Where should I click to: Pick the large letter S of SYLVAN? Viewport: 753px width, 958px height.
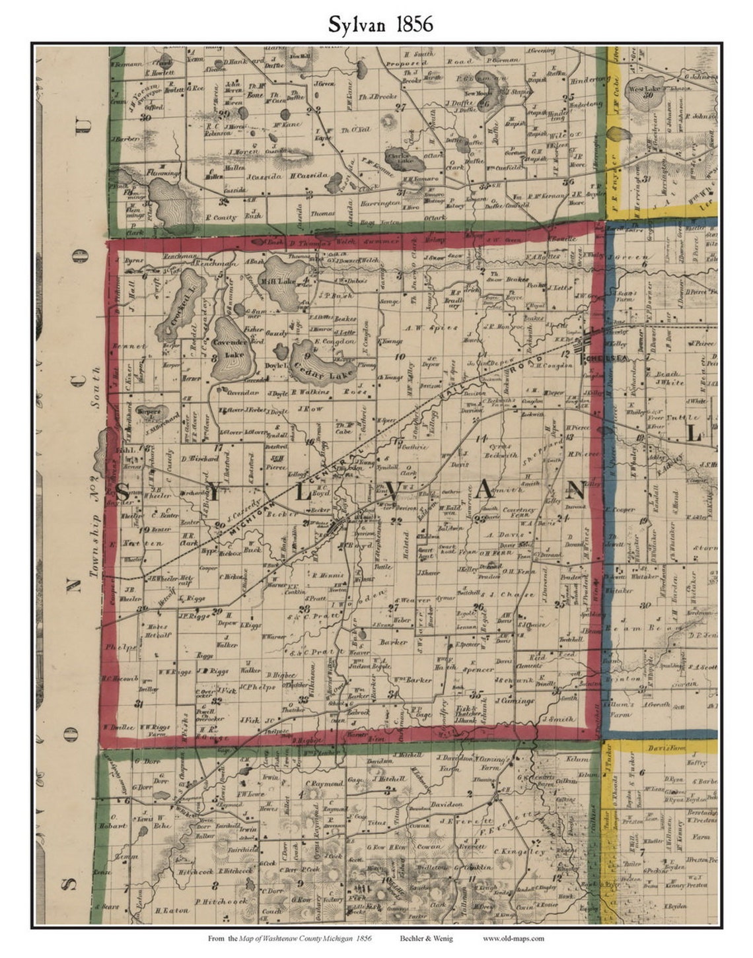124,492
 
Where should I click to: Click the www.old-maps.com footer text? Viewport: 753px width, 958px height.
513,938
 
